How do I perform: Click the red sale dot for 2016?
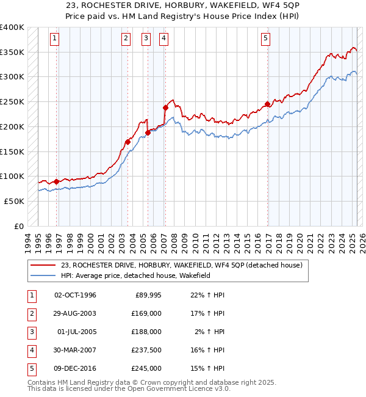(x=267, y=104)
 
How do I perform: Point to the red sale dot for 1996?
(x=56, y=181)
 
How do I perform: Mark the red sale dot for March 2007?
(x=165, y=107)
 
